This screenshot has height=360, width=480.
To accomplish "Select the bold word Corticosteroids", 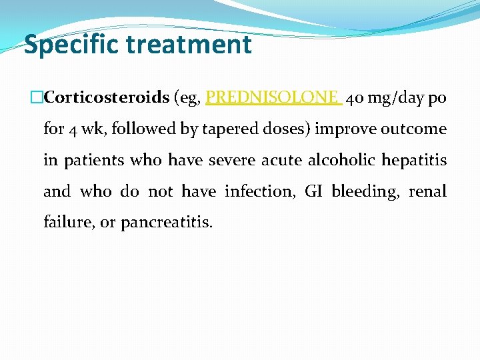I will [x=106, y=97].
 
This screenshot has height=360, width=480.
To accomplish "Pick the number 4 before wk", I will [x=73, y=129].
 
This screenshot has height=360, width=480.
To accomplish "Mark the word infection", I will [x=261, y=192].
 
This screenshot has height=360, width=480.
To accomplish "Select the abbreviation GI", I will [x=313, y=192].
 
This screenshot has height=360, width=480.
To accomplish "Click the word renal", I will [x=428, y=192].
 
